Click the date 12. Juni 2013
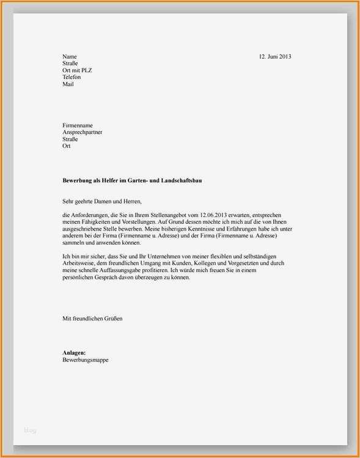click(275, 57)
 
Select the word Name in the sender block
click(69, 57)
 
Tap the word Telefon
click(72, 78)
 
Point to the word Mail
click(68, 84)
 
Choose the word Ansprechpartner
click(82, 132)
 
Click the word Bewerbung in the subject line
click(76, 180)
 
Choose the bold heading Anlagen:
click(74, 353)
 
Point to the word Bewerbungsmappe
click(86, 360)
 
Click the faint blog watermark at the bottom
click(30, 430)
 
